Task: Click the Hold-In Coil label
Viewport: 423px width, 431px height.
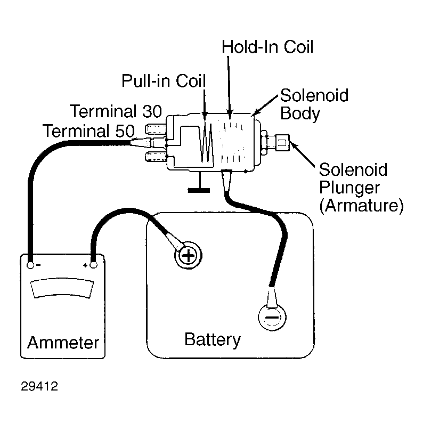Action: [x=267, y=47]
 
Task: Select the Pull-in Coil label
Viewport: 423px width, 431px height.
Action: [x=164, y=81]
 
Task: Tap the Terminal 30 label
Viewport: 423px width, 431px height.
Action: [x=116, y=111]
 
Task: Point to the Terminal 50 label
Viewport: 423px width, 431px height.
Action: [x=89, y=131]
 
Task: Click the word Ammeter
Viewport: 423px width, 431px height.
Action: [x=63, y=343]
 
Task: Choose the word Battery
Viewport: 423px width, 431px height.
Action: [x=213, y=340]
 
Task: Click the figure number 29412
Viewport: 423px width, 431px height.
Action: [x=39, y=386]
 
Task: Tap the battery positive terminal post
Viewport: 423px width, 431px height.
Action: [x=188, y=256]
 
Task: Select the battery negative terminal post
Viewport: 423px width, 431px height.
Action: [x=272, y=317]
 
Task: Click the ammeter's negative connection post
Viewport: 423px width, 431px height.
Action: [x=30, y=265]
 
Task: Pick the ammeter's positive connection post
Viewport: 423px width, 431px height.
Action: [x=93, y=265]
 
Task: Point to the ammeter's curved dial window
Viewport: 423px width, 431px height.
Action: [x=62, y=288]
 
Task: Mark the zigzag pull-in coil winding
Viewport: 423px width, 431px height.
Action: [x=207, y=143]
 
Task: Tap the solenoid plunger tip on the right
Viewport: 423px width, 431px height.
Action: [x=283, y=143]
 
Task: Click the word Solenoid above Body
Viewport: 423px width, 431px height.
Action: [x=314, y=95]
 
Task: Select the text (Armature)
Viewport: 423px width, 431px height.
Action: [x=361, y=205]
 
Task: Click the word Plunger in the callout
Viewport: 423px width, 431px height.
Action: [x=349, y=188]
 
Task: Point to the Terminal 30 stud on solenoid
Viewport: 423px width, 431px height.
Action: [x=155, y=129]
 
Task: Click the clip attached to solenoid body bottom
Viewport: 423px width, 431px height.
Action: [x=226, y=180]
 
